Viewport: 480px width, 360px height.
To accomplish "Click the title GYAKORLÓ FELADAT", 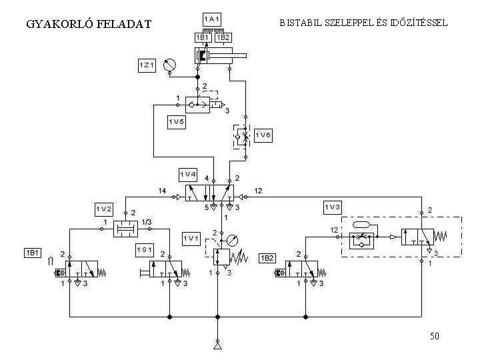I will click(89, 25).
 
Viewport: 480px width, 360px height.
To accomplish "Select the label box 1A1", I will click(213, 19).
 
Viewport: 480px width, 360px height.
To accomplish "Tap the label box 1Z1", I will click(147, 65).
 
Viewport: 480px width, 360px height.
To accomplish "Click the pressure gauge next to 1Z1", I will click(169, 65).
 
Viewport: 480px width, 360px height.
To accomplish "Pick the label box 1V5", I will click(176, 123).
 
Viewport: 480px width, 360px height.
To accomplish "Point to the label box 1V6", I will click(263, 135).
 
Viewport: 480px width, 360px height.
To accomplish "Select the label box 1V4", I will click(189, 175).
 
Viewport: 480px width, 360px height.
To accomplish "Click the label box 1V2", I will click(103, 209).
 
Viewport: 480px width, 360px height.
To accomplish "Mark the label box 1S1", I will click(145, 250).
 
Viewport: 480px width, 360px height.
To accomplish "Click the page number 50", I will click(435, 336).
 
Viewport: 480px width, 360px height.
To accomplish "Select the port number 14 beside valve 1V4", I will click(162, 191).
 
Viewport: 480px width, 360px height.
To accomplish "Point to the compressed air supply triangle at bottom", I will click(217, 345).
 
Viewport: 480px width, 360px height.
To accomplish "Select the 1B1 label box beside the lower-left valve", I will click(33, 253).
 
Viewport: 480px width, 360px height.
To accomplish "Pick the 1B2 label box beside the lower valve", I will click(267, 257).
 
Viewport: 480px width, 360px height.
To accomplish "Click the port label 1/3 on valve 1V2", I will click(147, 222).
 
